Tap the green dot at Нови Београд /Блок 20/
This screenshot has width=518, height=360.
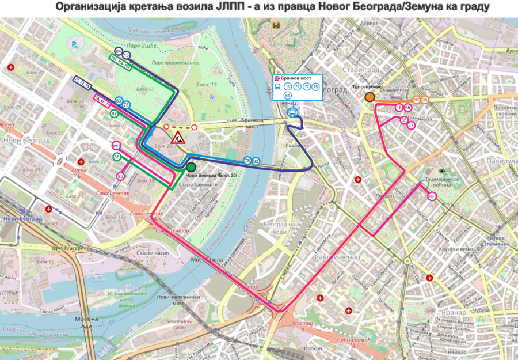[x=191, y=167]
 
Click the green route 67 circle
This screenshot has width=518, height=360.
[x=114, y=114]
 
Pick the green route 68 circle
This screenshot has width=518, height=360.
[x=117, y=157]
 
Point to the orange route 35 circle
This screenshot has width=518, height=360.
[x=425, y=100]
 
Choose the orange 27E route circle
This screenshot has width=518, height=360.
[x=416, y=100]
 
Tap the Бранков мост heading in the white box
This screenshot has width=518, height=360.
[x=300, y=77]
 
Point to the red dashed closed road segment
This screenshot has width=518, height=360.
[x=180, y=126]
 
